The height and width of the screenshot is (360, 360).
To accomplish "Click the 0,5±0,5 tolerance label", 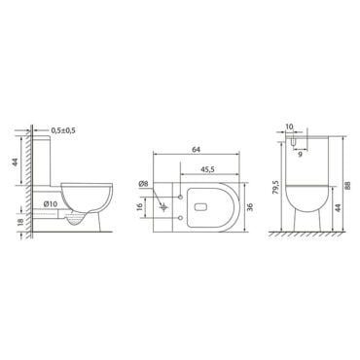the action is (x=63, y=130).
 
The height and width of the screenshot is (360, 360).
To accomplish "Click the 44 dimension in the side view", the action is (x=16, y=162).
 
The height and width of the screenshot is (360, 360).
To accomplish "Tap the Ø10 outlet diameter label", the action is (x=51, y=204).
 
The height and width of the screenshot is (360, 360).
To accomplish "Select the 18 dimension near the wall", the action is (x=20, y=222).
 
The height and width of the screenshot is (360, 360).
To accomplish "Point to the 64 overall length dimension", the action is (x=196, y=150).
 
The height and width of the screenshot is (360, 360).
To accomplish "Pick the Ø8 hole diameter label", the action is (x=143, y=184).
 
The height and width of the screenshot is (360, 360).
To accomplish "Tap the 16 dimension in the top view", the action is (x=140, y=207).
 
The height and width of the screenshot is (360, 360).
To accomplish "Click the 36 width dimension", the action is (x=250, y=207).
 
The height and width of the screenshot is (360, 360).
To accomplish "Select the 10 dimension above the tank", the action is (x=289, y=126).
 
